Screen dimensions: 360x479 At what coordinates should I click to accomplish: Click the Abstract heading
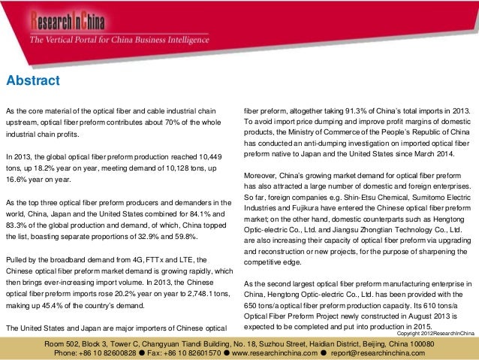[33, 80]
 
